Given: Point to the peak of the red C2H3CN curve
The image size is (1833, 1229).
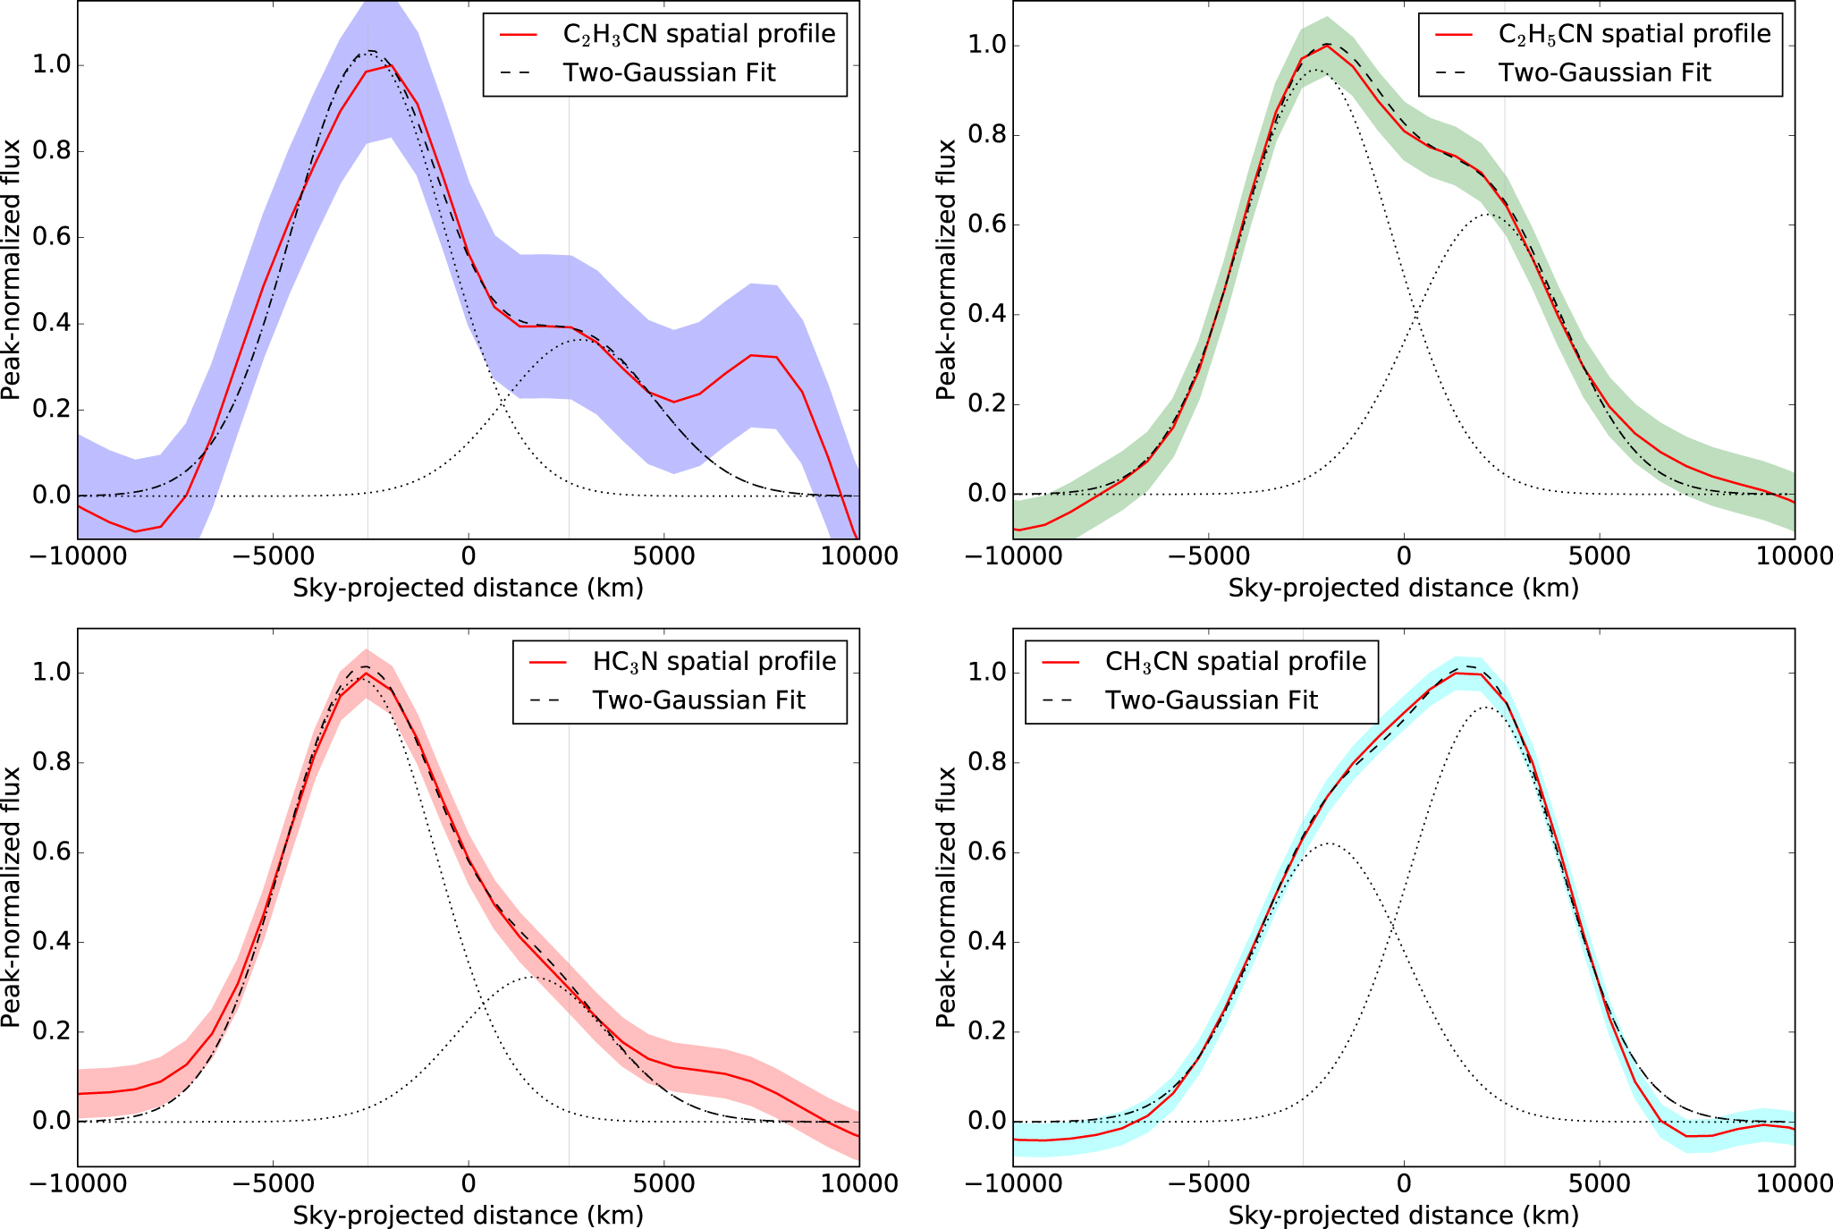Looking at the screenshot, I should tap(390, 65).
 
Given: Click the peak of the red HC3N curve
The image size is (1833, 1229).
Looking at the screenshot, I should tap(364, 674).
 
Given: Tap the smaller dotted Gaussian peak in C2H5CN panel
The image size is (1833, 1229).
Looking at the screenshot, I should tap(1486, 215).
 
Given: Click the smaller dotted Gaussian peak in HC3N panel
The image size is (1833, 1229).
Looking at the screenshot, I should tap(530, 977).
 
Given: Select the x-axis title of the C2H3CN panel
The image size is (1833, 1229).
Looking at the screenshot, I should tap(468, 588).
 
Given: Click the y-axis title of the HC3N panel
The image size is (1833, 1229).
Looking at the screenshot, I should tap(12, 896).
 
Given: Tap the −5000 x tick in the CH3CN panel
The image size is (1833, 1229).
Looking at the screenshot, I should tap(1208, 1183).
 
